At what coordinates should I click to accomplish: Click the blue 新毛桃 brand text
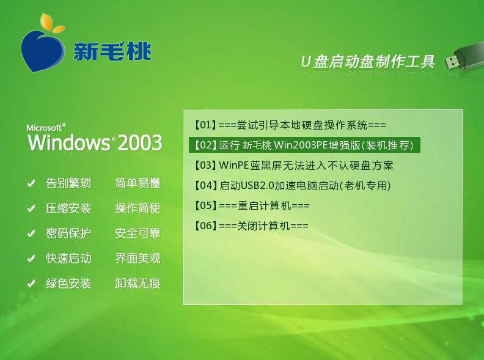pyautogui.click(x=112, y=51)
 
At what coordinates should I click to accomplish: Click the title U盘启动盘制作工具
pyautogui.click(x=368, y=62)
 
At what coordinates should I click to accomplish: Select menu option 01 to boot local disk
pyautogui.click(x=290, y=125)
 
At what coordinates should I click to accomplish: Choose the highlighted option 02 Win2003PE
pyautogui.click(x=304, y=145)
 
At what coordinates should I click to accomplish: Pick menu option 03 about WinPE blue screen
pyautogui.click(x=294, y=165)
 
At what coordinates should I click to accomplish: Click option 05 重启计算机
pyautogui.click(x=252, y=205)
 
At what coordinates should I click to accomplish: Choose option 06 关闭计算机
pyautogui.click(x=251, y=226)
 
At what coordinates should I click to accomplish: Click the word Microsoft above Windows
pyautogui.click(x=44, y=128)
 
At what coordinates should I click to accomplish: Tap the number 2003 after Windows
pyautogui.click(x=140, y=142)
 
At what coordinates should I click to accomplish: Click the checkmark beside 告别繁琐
pyautogui.click(x=31, y=183)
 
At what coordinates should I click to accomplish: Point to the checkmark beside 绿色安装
pyautogui.click(x=31, y=284)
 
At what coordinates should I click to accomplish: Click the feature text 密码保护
pyautogui.click(x=68, y=233)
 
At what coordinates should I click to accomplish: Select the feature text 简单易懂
pyautogui.click(x=137, y=183)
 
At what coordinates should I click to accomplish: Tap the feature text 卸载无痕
pyautogui.click(x=137, y=283)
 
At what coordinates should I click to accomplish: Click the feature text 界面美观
pyautogui.click(x=137, y=258)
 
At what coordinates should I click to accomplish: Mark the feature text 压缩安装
pyautogui.click(x=68, y=208)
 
